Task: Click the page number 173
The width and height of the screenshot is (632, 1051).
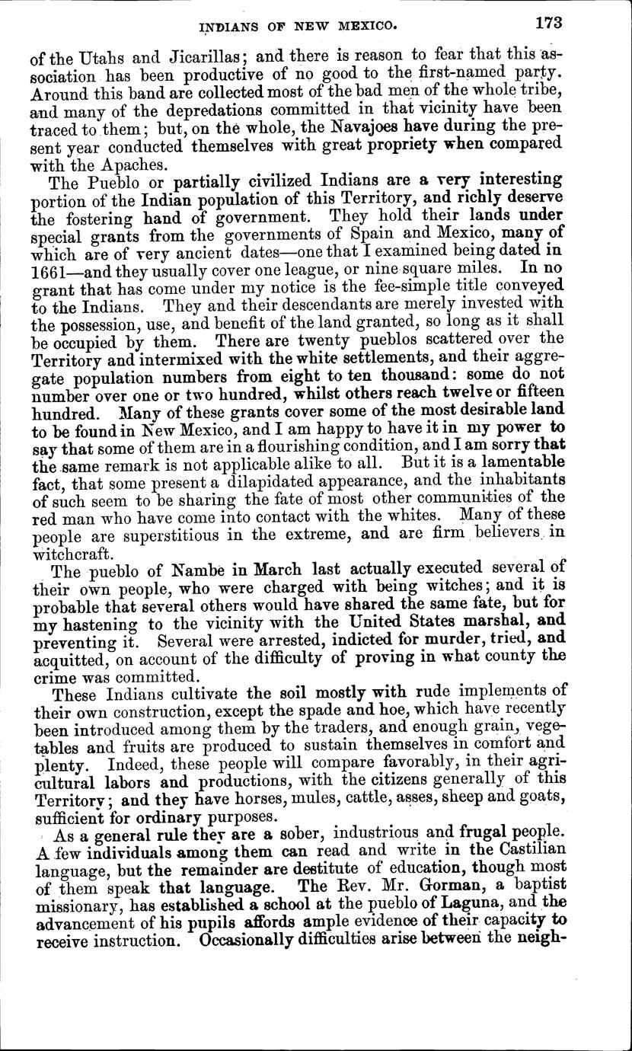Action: tap(547, 22)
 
